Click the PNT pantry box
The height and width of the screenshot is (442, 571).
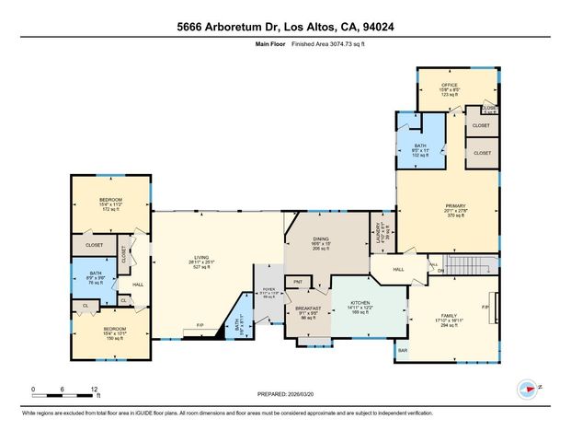point(297,282)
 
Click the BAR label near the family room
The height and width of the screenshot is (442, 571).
point(402,350)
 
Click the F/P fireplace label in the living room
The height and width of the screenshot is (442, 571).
point(199,324)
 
